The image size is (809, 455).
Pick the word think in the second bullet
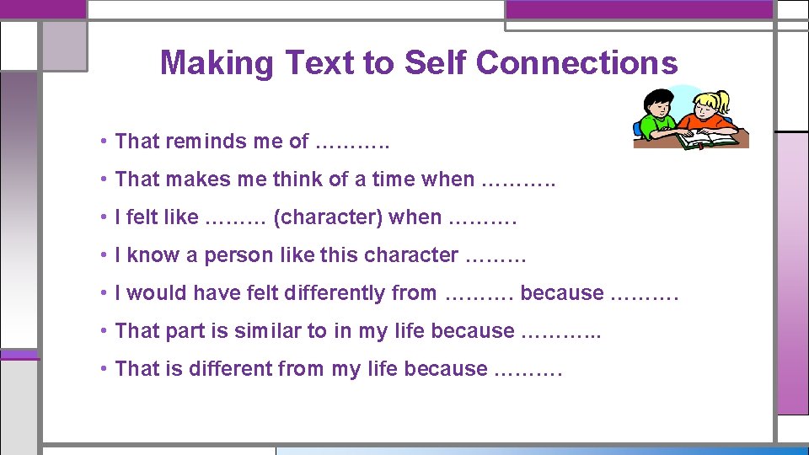click(297, 179)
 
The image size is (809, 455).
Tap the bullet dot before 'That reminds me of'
click(101, 142)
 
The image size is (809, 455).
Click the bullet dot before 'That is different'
click(101, 369)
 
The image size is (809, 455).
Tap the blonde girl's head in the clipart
click(710, 104)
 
